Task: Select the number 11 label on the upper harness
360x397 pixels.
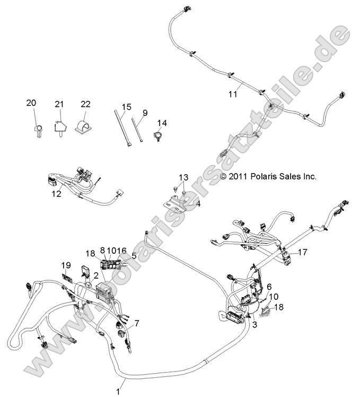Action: tap(233, 94)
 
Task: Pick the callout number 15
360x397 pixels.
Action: tap(126, 107)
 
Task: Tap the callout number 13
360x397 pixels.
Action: tap(183, 177)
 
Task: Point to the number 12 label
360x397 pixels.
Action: tap(57, 194)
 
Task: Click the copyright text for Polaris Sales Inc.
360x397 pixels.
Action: tap(268, 176)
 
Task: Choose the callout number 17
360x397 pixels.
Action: tap(303, 253)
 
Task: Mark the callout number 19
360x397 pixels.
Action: tap(65, 265)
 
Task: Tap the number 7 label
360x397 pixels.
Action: tap(137, 323)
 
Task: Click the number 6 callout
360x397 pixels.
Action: tap(269, 287)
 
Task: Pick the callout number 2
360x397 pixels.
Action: tap(96, 274)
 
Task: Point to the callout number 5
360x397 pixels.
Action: tap(134, 255)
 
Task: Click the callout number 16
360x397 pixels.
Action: tap(122, 250)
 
